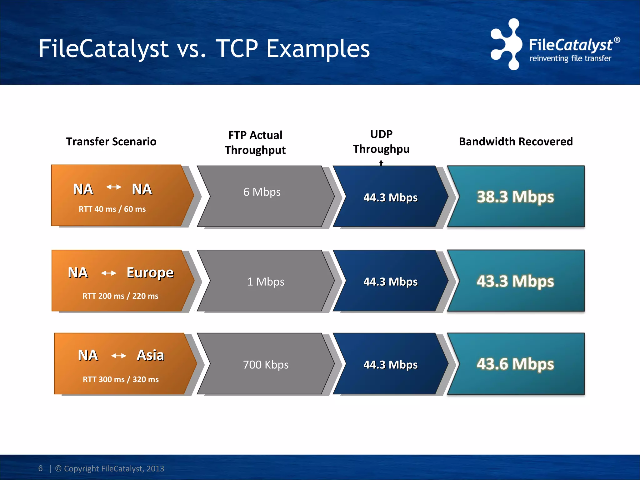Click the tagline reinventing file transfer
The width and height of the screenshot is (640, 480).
tap(570, 58)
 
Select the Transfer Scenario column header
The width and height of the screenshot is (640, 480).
tap(111, 142)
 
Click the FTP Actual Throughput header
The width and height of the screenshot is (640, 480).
tap(255, 142)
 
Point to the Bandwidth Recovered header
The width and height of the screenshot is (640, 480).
tap(516, 142)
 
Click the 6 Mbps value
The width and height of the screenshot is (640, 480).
tap(262, 192)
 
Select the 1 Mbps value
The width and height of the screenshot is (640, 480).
tap(266, 282)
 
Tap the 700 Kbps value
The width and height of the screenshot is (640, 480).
tap(266, 365)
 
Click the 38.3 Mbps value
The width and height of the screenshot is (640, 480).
tap(515, 197)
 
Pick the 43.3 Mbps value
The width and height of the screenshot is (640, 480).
tap(515, 281)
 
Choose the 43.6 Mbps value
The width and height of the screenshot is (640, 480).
tap(515, 364)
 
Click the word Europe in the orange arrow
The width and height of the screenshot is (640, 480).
tap(150, 273)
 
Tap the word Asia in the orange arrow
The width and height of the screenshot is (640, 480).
tap(150, 355)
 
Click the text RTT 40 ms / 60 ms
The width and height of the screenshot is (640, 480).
tap(112, 209)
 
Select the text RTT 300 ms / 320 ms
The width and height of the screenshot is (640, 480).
tap(121, 379)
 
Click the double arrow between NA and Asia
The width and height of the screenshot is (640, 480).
tap(119, 356)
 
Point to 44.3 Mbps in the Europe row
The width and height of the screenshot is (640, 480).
tap(390, 282)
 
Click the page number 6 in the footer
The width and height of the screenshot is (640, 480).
tap(40, 468)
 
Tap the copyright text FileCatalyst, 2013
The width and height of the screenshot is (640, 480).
tap(109, 468)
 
